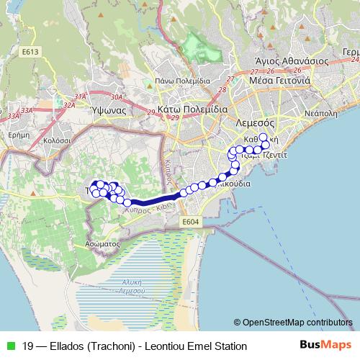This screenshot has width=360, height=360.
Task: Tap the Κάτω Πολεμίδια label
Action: coord(192,109)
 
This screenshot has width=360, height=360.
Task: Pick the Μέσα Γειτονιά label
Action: coord(279,81)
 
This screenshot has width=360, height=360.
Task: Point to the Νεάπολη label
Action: coord(321,113)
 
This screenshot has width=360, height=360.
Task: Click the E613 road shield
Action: coord(30,53)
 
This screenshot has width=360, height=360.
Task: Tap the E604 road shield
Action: coord(191,222)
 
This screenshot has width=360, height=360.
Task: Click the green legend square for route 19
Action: coord(9,346)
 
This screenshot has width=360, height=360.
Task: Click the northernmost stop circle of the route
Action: coord(263,137)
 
